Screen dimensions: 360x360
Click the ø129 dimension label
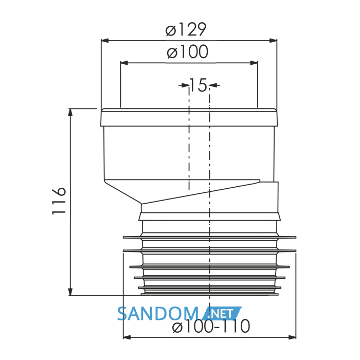point(186,29)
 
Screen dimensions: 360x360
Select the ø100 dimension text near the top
point(188,51)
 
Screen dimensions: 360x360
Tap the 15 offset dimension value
point(199,85)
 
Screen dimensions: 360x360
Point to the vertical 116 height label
point(59,201)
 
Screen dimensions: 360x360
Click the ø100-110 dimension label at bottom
point(211,326)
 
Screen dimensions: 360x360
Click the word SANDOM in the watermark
point(158,314)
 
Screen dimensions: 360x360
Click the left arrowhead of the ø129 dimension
point(105,41)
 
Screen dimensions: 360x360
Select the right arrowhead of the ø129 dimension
point(273,41)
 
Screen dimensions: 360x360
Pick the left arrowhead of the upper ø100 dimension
point(124,63)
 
